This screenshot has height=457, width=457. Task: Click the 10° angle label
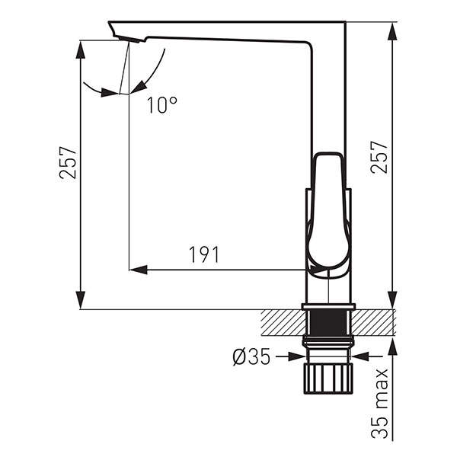pos(162,105)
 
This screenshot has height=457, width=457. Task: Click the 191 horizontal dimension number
pos(204,254)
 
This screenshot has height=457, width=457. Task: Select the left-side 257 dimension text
pos(67,163)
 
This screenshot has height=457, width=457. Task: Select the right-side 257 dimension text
pos(379,158)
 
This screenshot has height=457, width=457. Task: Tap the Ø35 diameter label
pos(251,356)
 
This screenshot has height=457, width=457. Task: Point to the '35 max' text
pos(379,404)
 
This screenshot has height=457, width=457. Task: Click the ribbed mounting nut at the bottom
pos(328,379)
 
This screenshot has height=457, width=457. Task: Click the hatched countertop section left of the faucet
pos(283,323)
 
